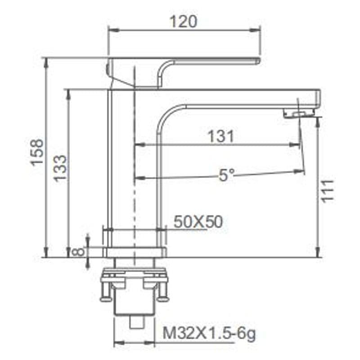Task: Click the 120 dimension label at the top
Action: [x=183, y=22]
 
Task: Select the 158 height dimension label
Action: [x=37, y=153]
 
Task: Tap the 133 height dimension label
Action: [x=60, y=168]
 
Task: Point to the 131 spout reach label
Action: [x=221, y=136]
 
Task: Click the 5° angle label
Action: [x=226, y=175]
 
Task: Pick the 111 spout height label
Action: [x=327, y=191]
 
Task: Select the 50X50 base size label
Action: [x=198, y=222]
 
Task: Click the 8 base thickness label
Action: [x=78, y=252]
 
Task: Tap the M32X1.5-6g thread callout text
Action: [x=209, y=333]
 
